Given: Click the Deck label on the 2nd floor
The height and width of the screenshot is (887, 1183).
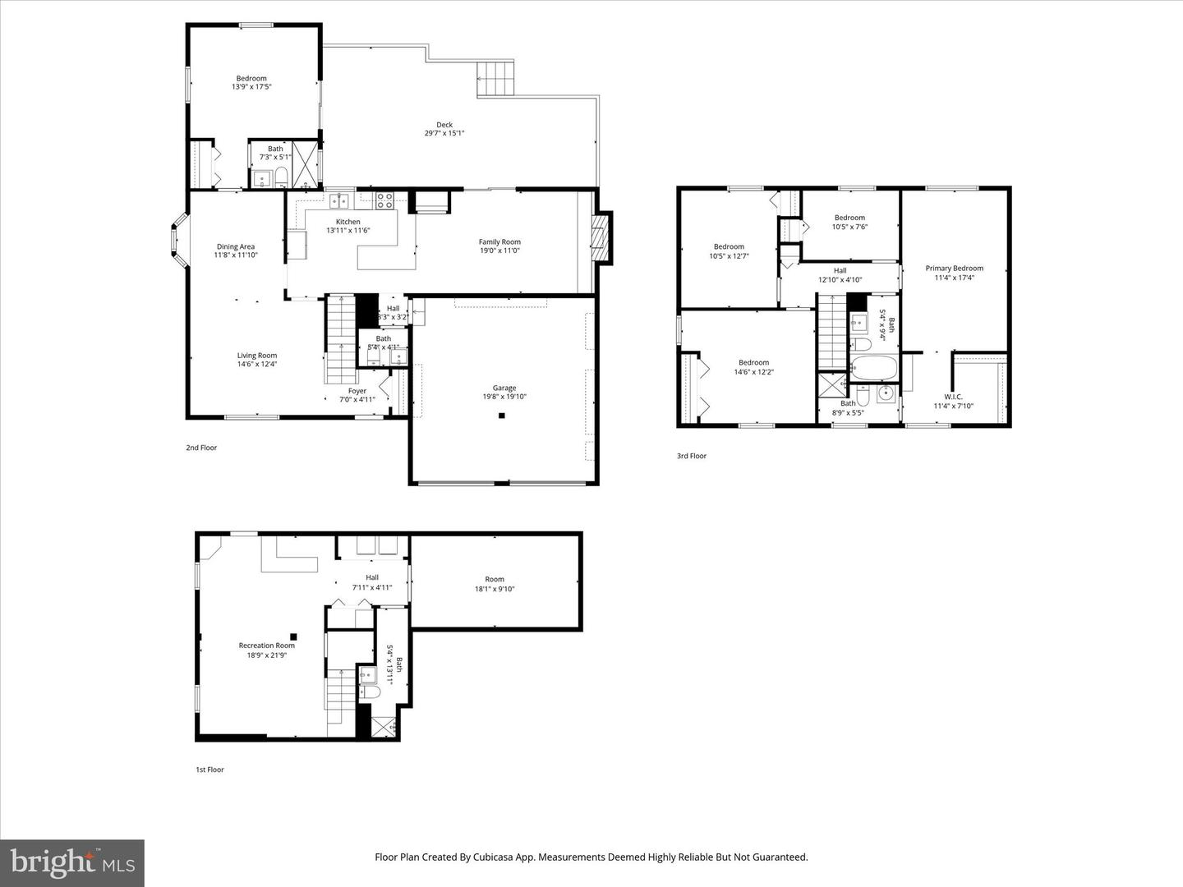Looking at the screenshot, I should click(444, 125).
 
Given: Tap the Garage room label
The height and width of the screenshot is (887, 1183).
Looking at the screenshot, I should click(504, 388).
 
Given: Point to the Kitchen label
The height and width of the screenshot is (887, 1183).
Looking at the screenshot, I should click(348, 222).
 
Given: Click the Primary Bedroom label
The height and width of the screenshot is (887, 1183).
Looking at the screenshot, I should click(954, 269).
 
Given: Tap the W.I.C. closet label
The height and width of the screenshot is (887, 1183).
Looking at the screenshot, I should click(953, 397).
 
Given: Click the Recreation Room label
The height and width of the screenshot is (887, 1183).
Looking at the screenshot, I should click(266, 646).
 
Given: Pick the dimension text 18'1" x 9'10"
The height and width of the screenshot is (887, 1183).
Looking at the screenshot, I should click(495, 589).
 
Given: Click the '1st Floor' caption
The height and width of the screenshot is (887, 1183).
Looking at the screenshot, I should click(209, 770).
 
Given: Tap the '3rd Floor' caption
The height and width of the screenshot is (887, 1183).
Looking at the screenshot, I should click(692, 456).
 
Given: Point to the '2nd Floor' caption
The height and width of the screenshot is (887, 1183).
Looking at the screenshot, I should click(201, 448).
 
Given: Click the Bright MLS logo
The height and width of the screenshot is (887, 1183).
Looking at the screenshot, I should click(72, 862).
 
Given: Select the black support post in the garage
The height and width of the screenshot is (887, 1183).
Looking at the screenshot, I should click(501, 416).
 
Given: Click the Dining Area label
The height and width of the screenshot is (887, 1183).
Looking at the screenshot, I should click(236, 246).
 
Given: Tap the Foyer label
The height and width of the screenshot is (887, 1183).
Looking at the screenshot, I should click(357, 391).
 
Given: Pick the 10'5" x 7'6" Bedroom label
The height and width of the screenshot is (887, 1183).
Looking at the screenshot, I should click(849, 218).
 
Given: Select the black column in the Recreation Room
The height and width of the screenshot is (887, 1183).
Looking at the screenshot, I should click(293, 636).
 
